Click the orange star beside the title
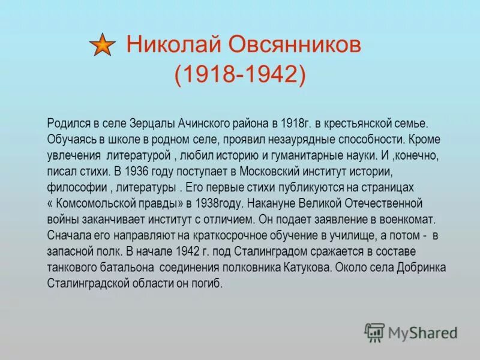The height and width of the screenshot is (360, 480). pos(103,44)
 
